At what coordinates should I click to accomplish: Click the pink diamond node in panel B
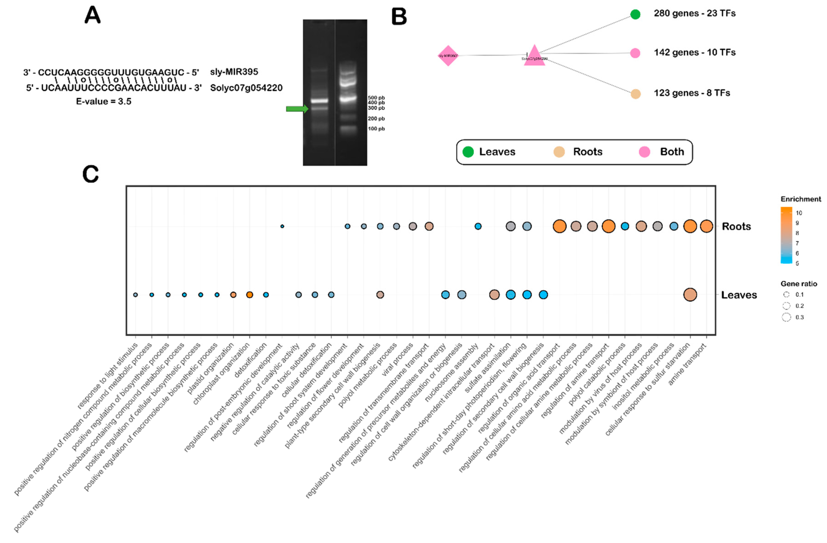(448, 56)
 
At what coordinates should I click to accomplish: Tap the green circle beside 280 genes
(635, 14)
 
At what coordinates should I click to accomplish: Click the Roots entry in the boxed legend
(587, 152)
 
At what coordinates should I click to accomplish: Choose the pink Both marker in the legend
(644, 152)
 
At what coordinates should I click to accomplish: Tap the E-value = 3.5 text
(104, 102)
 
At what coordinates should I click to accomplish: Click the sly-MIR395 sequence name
(234, 72)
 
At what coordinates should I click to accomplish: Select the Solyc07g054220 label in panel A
(246, 88)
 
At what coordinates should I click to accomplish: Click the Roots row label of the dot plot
(736, 227)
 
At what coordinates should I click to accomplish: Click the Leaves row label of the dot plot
(739, 295)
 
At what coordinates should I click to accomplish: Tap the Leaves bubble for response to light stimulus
(136, 295)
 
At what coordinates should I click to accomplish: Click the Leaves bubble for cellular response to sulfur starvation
(690, 295)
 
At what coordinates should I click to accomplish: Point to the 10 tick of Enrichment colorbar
(798, 213)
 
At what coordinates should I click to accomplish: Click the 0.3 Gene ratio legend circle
(786, 317)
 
